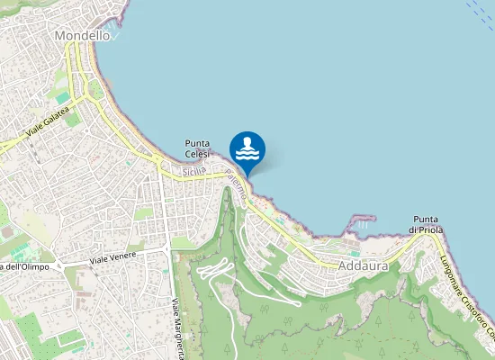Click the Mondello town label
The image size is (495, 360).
pyautogui.click(x=82, y=36)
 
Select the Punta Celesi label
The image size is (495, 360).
pyautogui.click(x=198, y=148)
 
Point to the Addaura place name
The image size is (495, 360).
pyautogui.click(x=363, y=266)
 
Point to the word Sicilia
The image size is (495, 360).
pyautogui.click(x=193, y=171)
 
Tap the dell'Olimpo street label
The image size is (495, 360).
pyautogui.click(x=25, y=267)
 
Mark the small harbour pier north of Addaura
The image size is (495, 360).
pyautogui.click(x=362, y=219)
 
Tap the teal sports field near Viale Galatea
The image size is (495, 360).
pyautogui.click(x=61, y=96)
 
